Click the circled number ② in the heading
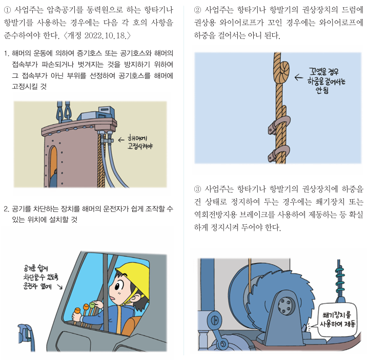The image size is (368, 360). tap(198, 9)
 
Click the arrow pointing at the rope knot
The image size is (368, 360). tap(300, 78)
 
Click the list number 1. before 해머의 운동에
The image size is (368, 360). tap(6, 53)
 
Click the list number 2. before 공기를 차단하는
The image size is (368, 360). tap(6, 209)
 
